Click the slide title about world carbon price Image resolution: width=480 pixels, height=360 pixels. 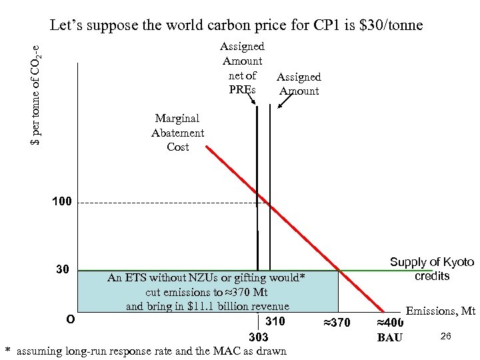[x=236, y=25]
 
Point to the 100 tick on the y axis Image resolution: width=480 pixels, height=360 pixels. [x=62, y=202]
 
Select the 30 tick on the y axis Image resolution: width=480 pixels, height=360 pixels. [x=63, y=270]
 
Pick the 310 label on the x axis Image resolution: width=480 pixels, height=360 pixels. [x=275, y=322]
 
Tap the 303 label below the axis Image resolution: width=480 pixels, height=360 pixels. [x=258, y=337]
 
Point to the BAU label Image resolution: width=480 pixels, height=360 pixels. [x=389, y=337]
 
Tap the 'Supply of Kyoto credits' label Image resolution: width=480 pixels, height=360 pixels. [x=431, y=269]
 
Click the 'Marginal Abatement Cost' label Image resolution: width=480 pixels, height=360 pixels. [x=177, y=132]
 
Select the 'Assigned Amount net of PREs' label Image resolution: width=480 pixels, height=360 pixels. [x=242, y=67]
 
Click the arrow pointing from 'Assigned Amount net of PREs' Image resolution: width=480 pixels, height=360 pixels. [x=252, y=100]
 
